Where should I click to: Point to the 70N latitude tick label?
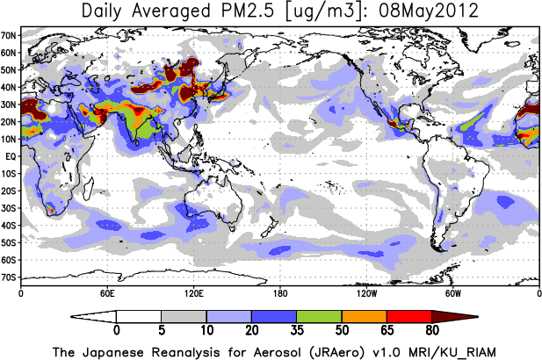tap(10, 35)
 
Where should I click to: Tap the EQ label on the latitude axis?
tap(11, 155)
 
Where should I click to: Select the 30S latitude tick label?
tap(10, 208)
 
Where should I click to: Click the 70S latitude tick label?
tap(10, 277)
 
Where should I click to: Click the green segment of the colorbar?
tap(319, 316)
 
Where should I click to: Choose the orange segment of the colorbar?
tap(364, 316)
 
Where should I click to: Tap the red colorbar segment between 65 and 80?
tap(408, 316)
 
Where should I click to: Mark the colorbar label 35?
tap(296, 331)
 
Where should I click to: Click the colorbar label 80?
tap(431, 331)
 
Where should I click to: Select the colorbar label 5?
tap(161, 331)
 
